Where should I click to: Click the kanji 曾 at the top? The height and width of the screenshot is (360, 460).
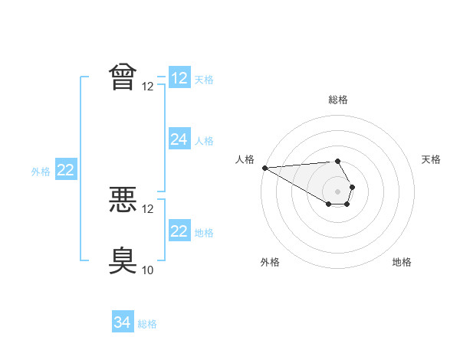pos(123,77)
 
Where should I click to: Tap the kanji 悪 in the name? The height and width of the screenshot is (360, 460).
pos(123,199)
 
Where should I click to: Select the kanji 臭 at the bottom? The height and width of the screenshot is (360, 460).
pos(123,260)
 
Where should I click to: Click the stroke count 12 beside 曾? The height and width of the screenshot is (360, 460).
pos(147,87)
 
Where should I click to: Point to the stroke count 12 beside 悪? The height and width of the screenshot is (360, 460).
pos(147,209)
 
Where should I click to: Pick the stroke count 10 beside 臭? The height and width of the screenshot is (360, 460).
pos(147,270)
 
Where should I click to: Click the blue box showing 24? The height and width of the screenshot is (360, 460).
pos(180,139)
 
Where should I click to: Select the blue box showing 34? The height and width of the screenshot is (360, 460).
pos(123,321)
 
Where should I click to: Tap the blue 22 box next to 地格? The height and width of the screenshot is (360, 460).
pos(180,230)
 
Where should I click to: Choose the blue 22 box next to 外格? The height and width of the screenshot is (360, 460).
pos(66,169)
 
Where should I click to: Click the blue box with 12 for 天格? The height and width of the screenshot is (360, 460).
pos(180,77)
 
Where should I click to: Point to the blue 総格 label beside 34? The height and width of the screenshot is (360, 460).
pos(147,324)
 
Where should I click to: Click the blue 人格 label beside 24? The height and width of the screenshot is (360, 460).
pos(204,141)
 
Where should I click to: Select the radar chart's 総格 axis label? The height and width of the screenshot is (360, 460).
pos(338,100)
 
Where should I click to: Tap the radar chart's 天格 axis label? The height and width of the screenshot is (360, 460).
pos(431,159)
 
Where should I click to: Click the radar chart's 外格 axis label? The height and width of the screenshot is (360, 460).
pos(270,262)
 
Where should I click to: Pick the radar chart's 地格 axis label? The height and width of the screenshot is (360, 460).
pos(402,262)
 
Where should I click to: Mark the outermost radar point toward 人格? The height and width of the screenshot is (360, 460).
pos(265,168)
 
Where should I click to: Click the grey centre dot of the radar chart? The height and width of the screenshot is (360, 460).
pos(337,191)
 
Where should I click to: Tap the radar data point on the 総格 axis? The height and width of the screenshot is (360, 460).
pos(337,162)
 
